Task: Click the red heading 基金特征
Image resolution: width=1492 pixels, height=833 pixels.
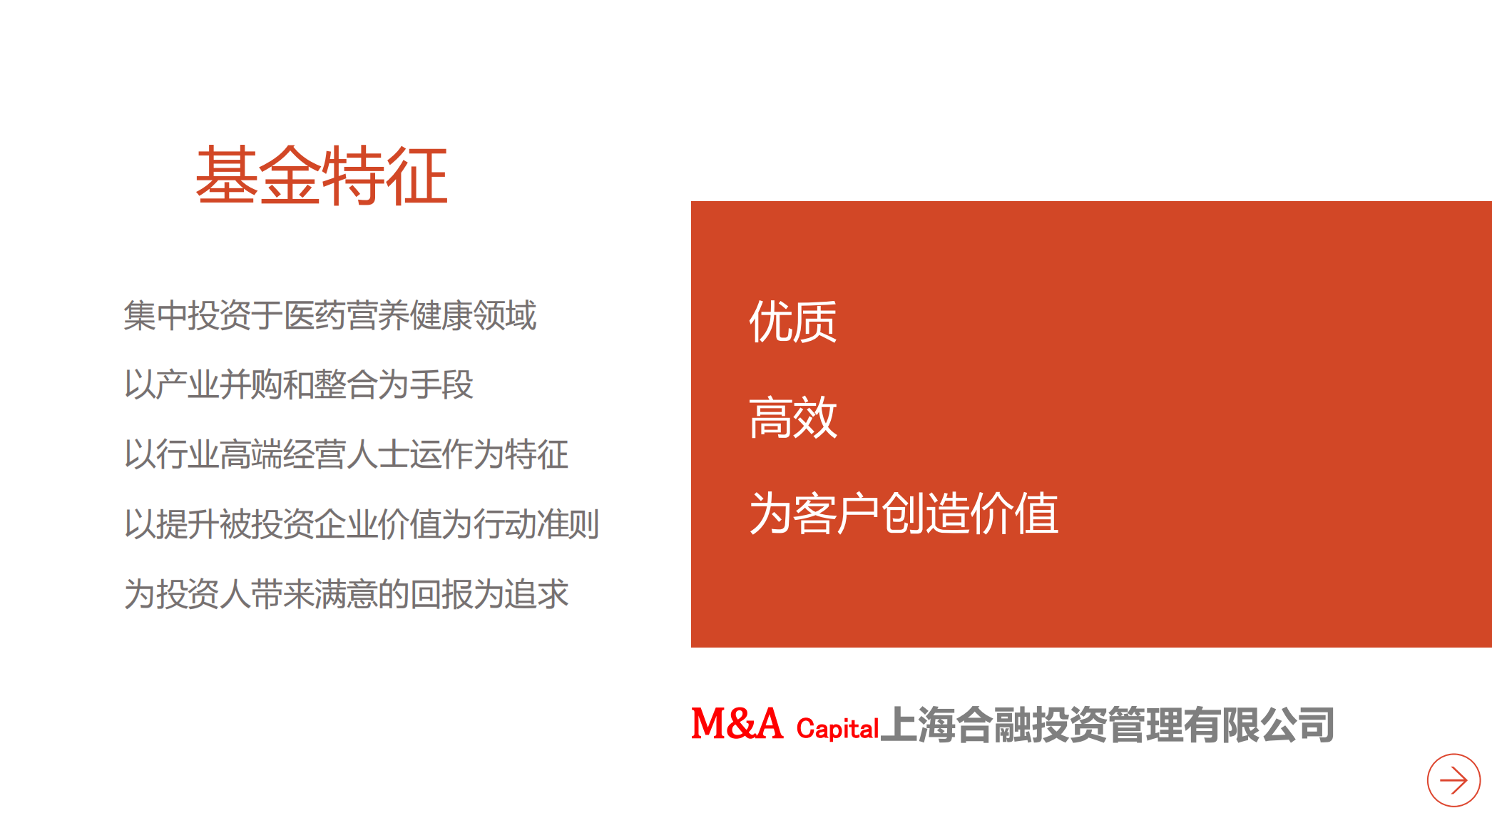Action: (x=322, y=175)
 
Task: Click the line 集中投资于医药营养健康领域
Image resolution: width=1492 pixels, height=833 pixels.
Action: (x=329, y=315)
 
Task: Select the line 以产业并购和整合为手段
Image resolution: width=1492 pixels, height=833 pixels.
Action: (x=298, y=384)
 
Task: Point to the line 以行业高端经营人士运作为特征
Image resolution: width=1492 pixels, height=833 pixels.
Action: (x=346, y=454)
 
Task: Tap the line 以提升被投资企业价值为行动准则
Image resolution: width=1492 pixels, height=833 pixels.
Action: (x=362, y=524)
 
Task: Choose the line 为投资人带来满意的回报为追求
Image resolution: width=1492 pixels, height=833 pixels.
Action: (x=346, y=593)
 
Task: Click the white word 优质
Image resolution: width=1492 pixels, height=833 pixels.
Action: (x=792, y=322)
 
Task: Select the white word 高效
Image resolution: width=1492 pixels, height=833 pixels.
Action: (x=792, y=417)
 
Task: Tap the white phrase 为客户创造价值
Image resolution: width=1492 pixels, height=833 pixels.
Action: (x=904, y=513)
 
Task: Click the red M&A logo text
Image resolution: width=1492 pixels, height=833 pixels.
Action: (x=737, y=724)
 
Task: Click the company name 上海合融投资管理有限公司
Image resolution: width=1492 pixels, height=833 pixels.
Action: (x=1107, y=725)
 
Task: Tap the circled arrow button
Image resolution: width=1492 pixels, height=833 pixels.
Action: (x=1453, y=780)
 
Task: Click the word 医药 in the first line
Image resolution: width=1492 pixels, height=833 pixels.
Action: (x=314, y=315)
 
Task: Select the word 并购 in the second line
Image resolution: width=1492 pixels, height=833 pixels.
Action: (x=250, y=384)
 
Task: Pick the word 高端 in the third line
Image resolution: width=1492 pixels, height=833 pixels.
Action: (x=250, y=454)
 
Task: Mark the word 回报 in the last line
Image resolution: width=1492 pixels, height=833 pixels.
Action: (x=441, y=593)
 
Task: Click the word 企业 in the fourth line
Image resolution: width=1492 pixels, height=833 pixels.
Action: (x=346, y=524)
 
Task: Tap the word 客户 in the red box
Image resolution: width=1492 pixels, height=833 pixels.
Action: (x=837, y=513)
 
